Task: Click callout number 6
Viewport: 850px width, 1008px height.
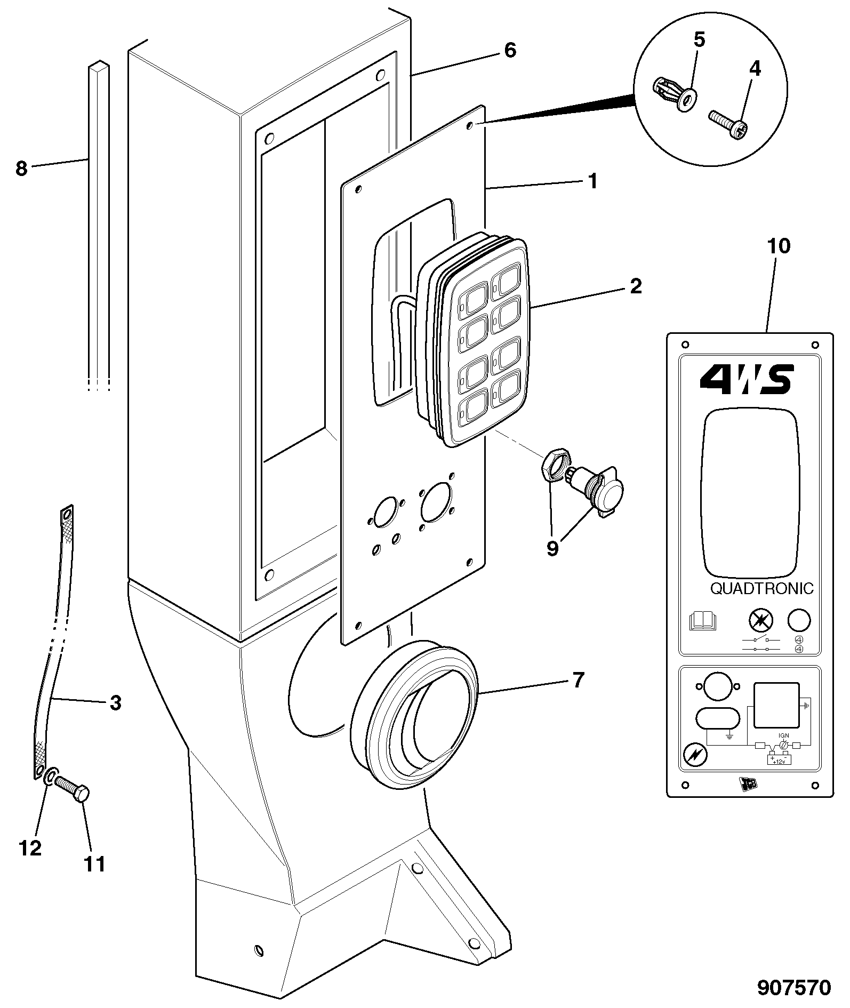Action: pyautogui.click(x=510, y=51)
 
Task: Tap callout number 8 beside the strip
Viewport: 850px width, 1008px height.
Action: pyautogui.click(x=21, y=169)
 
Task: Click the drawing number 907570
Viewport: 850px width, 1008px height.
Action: pyautogui.click(x=795, y=988)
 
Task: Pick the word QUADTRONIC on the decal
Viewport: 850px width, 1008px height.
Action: pyautogui.click(x=762, y=588)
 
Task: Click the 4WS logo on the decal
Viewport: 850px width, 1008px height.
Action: pyautogui.click(x=747, y=379)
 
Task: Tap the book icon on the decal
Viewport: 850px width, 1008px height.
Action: pyautogui.click(x=703, y=621)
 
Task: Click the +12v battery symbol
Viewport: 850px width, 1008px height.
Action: pyautogui.click(x=779, y=758)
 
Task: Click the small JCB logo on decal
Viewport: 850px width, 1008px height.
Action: pyautogui.click(x=748, y=783)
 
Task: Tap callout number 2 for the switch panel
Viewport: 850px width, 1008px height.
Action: pyautogui.click(x=635, y=286)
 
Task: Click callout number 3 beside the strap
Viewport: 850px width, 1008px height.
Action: pyautogui.click(x=115, y=703)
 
